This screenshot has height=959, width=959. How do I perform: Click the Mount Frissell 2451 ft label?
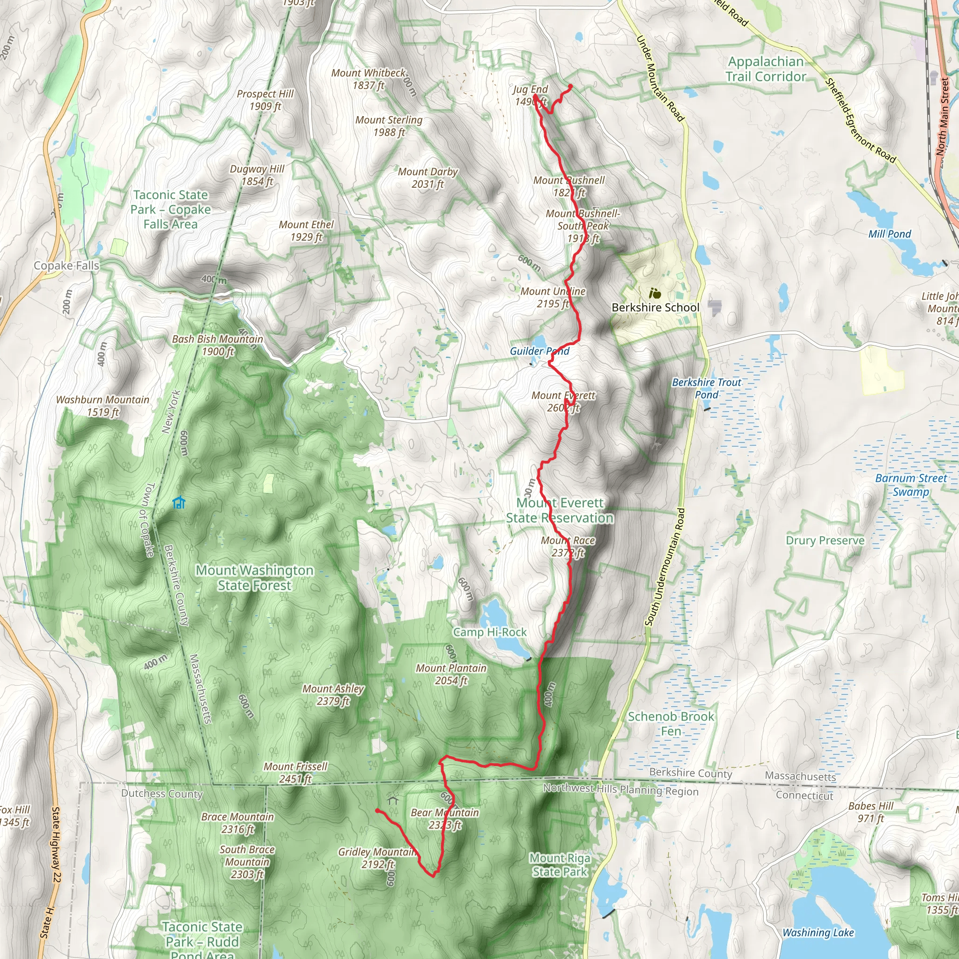[x=295, y=772]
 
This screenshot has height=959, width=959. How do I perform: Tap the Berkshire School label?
[x=655, y=307]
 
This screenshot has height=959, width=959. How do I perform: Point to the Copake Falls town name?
[x=66, y=266]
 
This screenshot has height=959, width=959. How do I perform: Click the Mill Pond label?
[x=890, y=234]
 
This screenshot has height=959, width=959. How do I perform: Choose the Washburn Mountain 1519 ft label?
[x=102, y=406]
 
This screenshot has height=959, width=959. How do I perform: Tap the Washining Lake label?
[x=818, y=932]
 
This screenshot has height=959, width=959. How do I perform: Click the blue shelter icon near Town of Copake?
[x=179, y=503]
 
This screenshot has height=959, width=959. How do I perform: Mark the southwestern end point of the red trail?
[x=378, y=811]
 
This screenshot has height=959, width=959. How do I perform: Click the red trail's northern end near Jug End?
[x=570, y=86]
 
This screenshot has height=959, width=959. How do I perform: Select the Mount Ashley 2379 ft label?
[x=333, y=694]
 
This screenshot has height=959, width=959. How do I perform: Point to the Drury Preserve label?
[x=825, y=540]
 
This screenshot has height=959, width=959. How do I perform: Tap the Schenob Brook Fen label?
[x=671, y=723]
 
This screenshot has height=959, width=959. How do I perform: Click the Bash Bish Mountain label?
[x=217, y=345]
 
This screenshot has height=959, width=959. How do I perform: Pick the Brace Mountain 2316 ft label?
[x=237, y=822]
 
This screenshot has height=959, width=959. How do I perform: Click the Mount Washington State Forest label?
[x=254, y=577]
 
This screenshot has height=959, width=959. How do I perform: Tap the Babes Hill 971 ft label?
[x=870, y=811]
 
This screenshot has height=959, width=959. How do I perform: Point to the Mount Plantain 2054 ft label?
[x=451, y=674]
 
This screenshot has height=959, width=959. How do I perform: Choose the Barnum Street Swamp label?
[x=911, y=485]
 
